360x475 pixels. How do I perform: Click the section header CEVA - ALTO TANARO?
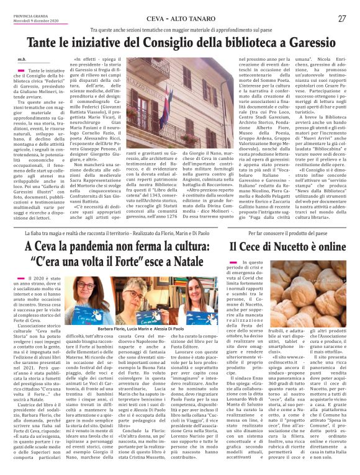180,19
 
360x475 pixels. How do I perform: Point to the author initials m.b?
22,60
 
